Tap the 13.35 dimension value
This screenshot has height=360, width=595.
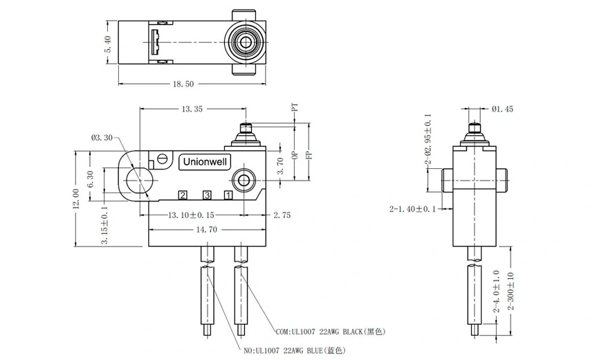192,109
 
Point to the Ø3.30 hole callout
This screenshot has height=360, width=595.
102,138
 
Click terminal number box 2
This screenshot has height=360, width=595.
182,196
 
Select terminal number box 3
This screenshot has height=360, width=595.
205,196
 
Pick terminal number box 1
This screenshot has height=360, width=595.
228,196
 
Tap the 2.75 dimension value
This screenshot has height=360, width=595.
282,215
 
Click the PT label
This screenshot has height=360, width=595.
295,109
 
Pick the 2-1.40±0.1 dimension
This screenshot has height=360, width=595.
412,208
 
